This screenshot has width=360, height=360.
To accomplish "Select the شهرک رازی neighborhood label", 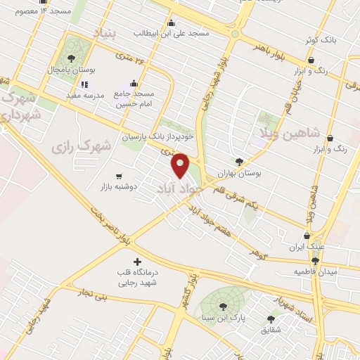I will click(82, 147).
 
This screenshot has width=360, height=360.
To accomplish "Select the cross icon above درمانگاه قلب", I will click(138, 262).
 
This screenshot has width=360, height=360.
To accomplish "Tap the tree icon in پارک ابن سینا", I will click(223, 306).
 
